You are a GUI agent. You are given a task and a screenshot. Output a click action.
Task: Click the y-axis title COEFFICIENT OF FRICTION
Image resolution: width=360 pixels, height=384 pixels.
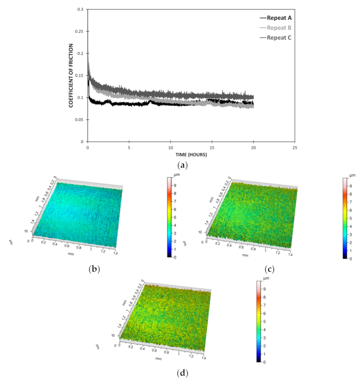coord(70,75)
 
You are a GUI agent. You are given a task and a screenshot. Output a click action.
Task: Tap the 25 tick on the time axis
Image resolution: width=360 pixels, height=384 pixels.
coord(294,147)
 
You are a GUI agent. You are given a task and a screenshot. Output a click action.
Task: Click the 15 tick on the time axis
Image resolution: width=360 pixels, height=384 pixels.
coord(212,147)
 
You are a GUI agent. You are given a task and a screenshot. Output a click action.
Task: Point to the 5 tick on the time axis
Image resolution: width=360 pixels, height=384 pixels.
coord(129,147)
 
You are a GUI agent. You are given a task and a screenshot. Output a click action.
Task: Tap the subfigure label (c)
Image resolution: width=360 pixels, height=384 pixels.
coord(268,268)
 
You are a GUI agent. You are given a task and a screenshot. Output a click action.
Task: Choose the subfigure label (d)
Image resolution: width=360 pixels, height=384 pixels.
coord(182,373)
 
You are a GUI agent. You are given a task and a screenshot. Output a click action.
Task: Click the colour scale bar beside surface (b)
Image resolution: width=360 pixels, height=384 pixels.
coord(170,217)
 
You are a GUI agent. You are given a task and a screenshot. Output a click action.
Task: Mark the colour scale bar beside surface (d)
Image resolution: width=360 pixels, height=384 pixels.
coord(259,322)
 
